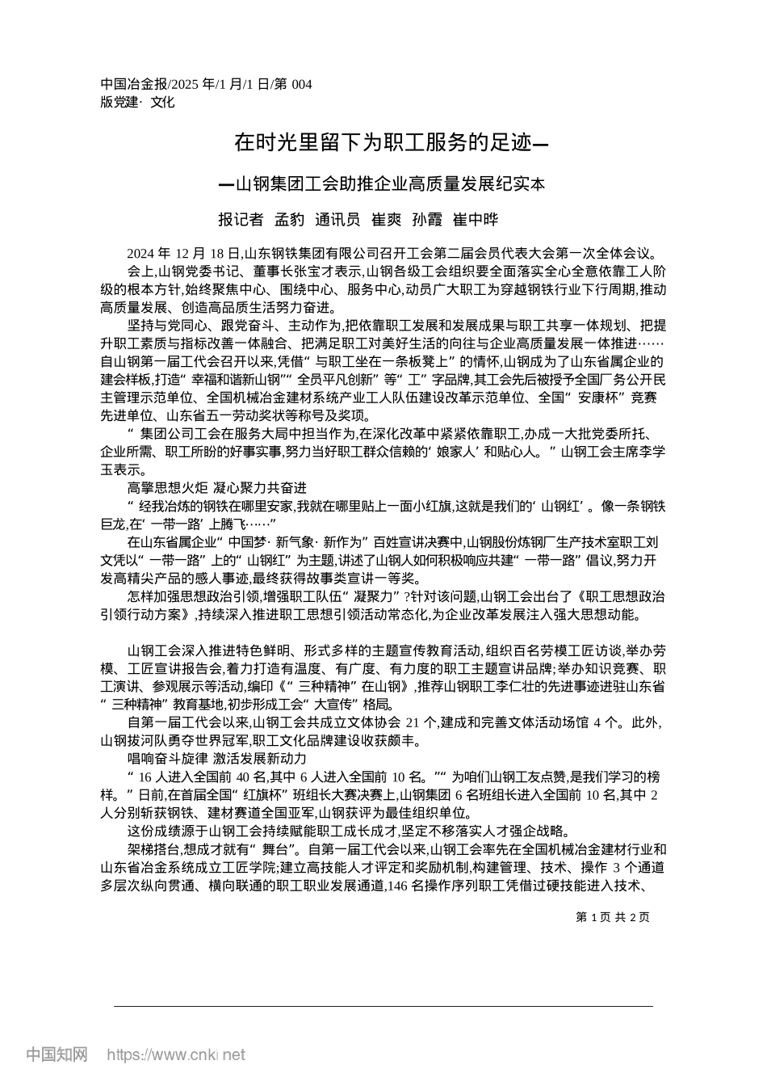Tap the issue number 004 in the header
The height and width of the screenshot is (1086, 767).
(x=300, y=85)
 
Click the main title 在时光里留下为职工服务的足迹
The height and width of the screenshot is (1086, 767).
(x=383, y=144)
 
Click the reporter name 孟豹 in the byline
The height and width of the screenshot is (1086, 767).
(x=289, y=219)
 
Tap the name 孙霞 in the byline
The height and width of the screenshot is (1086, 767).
(x=428, y=219)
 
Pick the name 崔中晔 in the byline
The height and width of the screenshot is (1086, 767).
(x=476, y=219)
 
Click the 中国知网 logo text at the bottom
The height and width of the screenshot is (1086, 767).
(x=57, y=1054)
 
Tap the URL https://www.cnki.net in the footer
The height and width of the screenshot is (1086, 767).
(x=175, y=1055)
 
